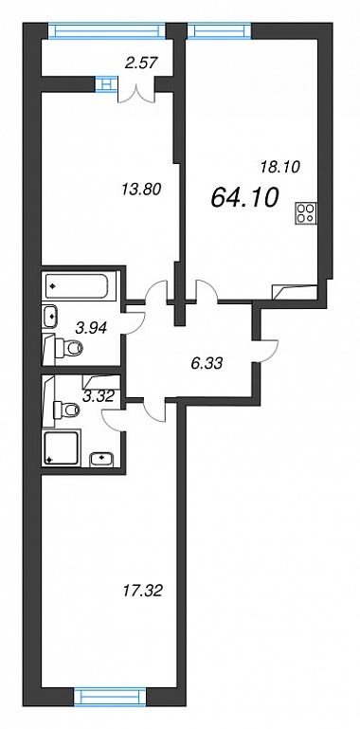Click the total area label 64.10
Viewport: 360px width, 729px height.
pos(244,197)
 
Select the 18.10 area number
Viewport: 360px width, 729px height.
pos(279,166)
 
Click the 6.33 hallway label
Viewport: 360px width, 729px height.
pos(206,363)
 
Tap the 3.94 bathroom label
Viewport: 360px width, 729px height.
pos(92,328)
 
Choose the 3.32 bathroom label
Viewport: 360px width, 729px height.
pos(98,396)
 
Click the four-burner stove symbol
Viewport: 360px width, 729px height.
pos(306,213)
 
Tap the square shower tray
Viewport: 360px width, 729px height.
pos(62,447)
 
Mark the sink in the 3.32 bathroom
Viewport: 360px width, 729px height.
pos(101,458)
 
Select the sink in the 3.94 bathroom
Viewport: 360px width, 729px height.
pos(49,316)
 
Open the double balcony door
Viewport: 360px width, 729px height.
pos(135,92)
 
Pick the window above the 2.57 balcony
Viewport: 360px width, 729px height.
pos(107,30)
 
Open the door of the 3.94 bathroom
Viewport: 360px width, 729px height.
pos(135,321)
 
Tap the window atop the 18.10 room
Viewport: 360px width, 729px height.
pos(219,30)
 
